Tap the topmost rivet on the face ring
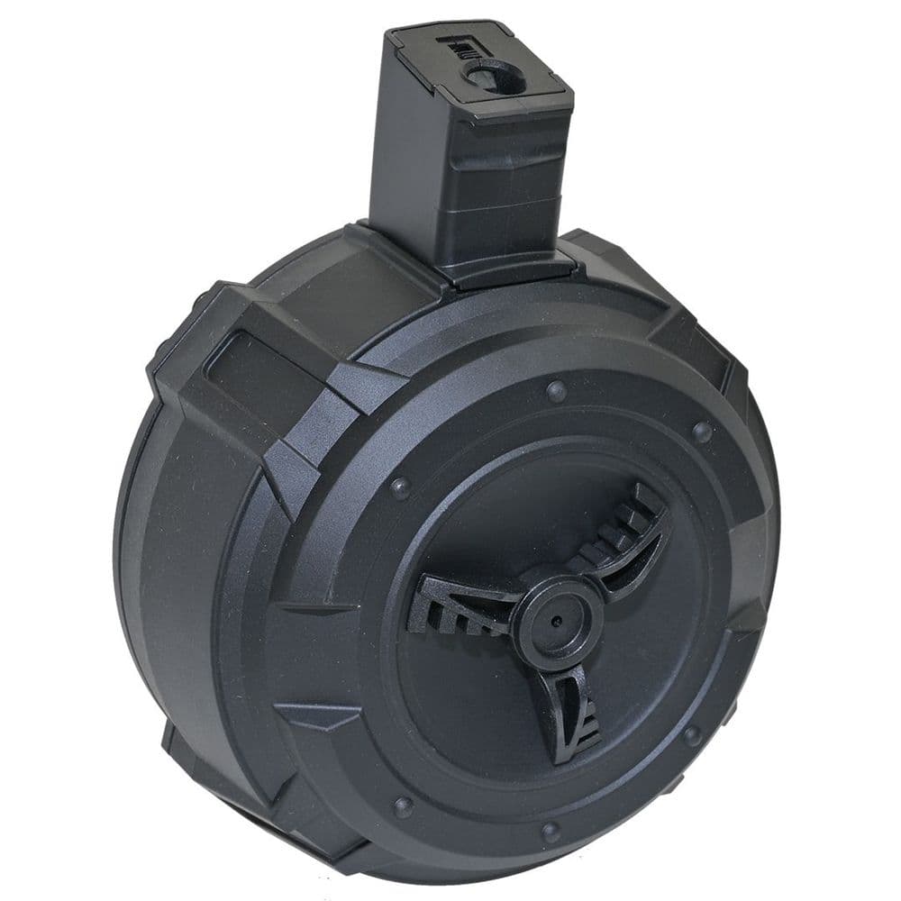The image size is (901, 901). pos(557,390)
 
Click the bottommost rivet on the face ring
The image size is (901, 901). pos(551,831)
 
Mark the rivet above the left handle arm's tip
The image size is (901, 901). pos(400,487)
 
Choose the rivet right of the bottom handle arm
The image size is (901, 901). pos(694,737)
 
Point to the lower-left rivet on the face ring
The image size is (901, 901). pos(404,805)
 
